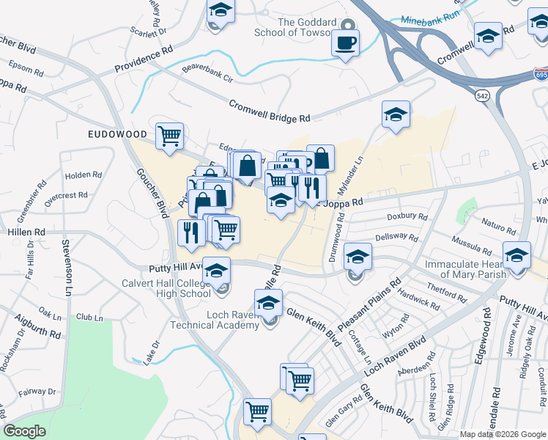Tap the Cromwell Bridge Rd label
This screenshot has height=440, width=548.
pos(270,111)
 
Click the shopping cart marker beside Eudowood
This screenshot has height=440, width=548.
pos(169,136)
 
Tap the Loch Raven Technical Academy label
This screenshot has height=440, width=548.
pos(214,320)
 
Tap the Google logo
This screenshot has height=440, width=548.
pos(24,431)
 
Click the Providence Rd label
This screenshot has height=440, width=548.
pos(144,62)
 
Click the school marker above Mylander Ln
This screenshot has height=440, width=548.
pos(396,114)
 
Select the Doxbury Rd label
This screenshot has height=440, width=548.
pos(407,217)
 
